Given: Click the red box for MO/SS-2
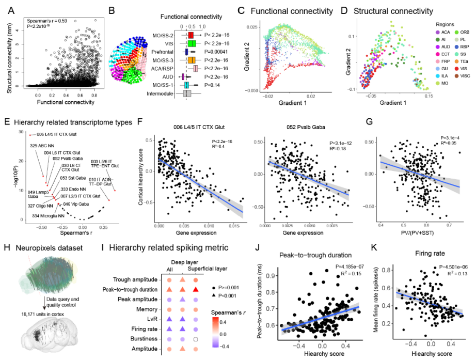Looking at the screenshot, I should [x=191, y=35].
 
